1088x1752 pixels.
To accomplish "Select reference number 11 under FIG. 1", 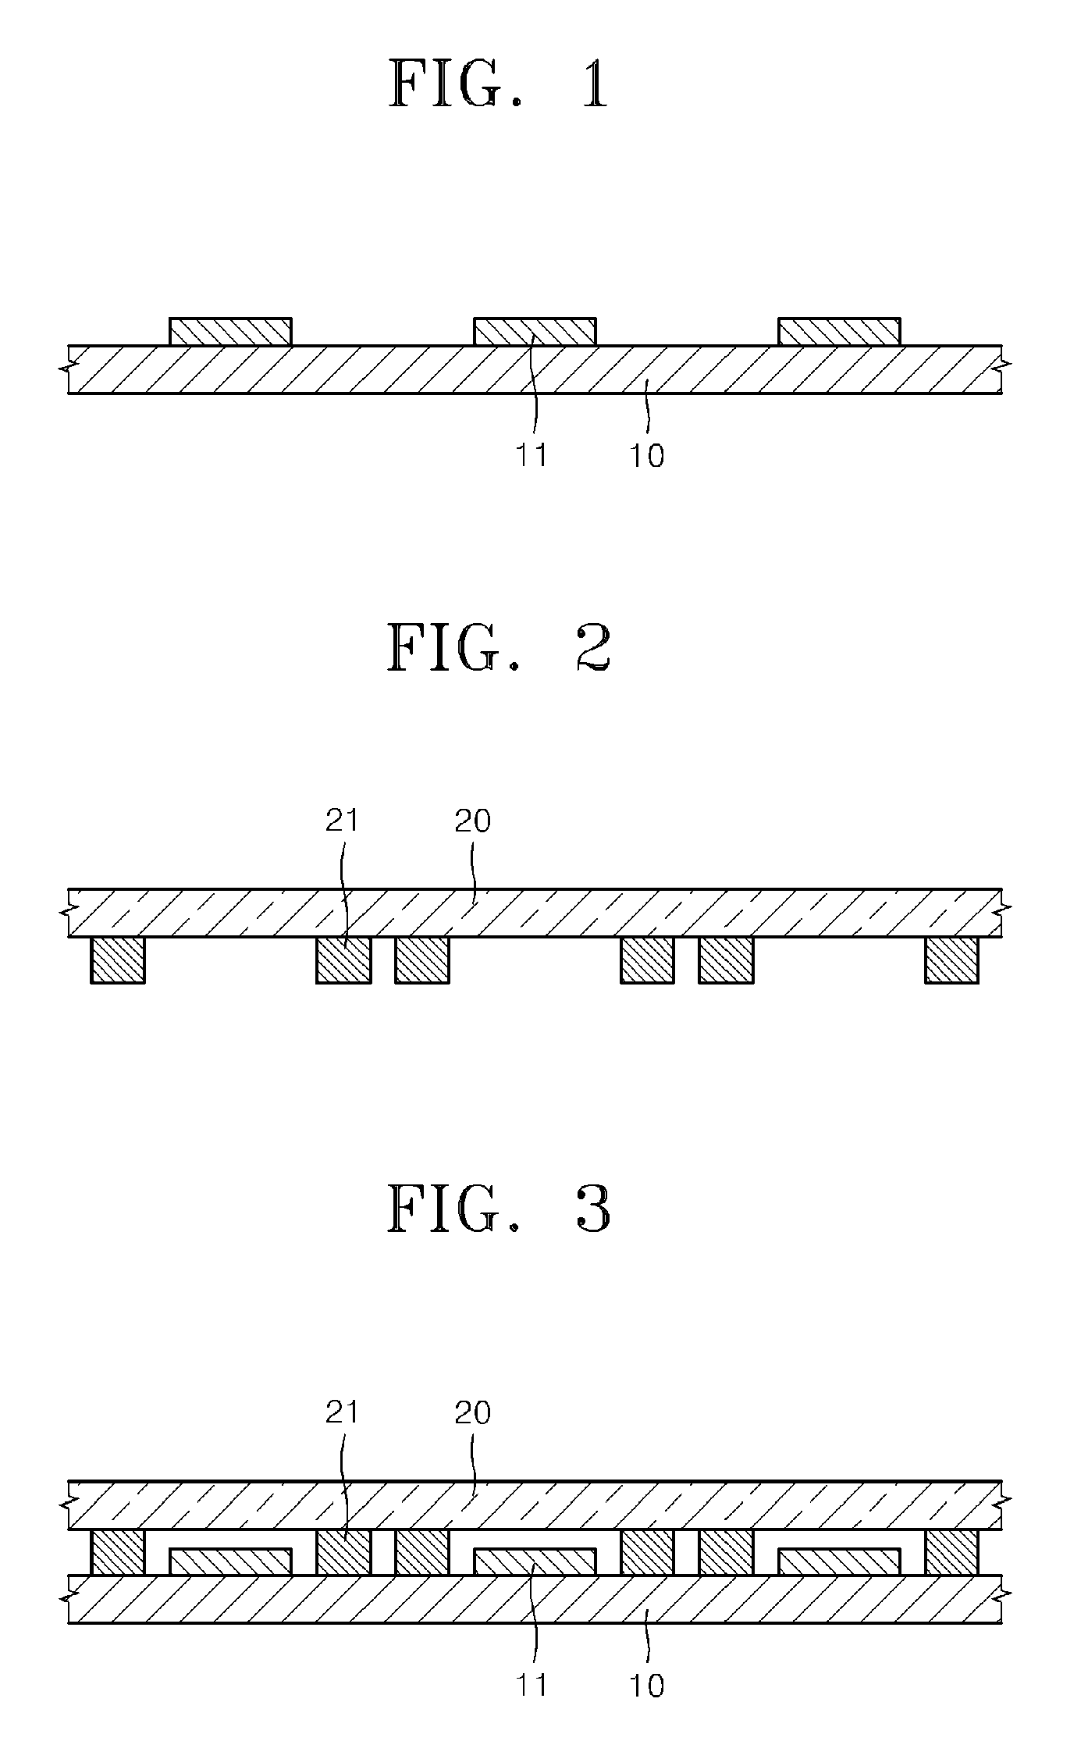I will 532,454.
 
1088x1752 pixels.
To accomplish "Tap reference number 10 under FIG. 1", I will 646,455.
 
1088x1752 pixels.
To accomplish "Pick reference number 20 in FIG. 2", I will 472,821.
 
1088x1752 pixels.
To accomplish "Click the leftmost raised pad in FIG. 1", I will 230,332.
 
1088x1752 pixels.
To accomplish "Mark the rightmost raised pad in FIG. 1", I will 839,332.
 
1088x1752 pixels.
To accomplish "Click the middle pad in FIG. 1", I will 535,332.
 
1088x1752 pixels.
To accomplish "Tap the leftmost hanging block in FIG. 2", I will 118,960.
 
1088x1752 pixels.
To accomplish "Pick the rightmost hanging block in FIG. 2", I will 951,960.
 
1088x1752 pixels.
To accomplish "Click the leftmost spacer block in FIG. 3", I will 118,1551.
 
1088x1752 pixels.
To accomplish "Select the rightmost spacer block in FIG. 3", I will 951,1551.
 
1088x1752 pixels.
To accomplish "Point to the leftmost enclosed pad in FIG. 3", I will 230,1561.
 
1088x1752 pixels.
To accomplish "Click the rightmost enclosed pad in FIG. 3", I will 839,1561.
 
